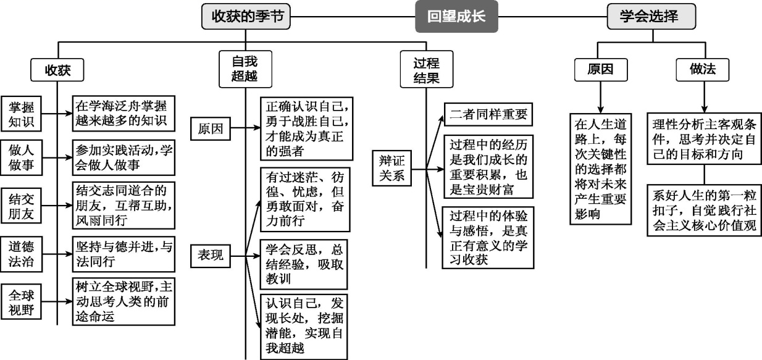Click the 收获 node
tap(57, 70)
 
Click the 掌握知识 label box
tap(21, 114)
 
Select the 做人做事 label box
tap(21, 159)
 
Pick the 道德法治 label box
tap(21, 254)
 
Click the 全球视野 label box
tap(21, 301)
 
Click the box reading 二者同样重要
tap(487, 114)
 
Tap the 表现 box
tap(211, 254)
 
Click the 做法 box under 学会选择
tap(702, 69)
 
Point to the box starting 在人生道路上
tap(600, 168)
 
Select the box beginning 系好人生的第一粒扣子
tap(704, 209)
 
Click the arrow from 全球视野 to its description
tap(56, 301)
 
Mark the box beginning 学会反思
tap(303, 264)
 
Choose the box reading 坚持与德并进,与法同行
tap(122, 254)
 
